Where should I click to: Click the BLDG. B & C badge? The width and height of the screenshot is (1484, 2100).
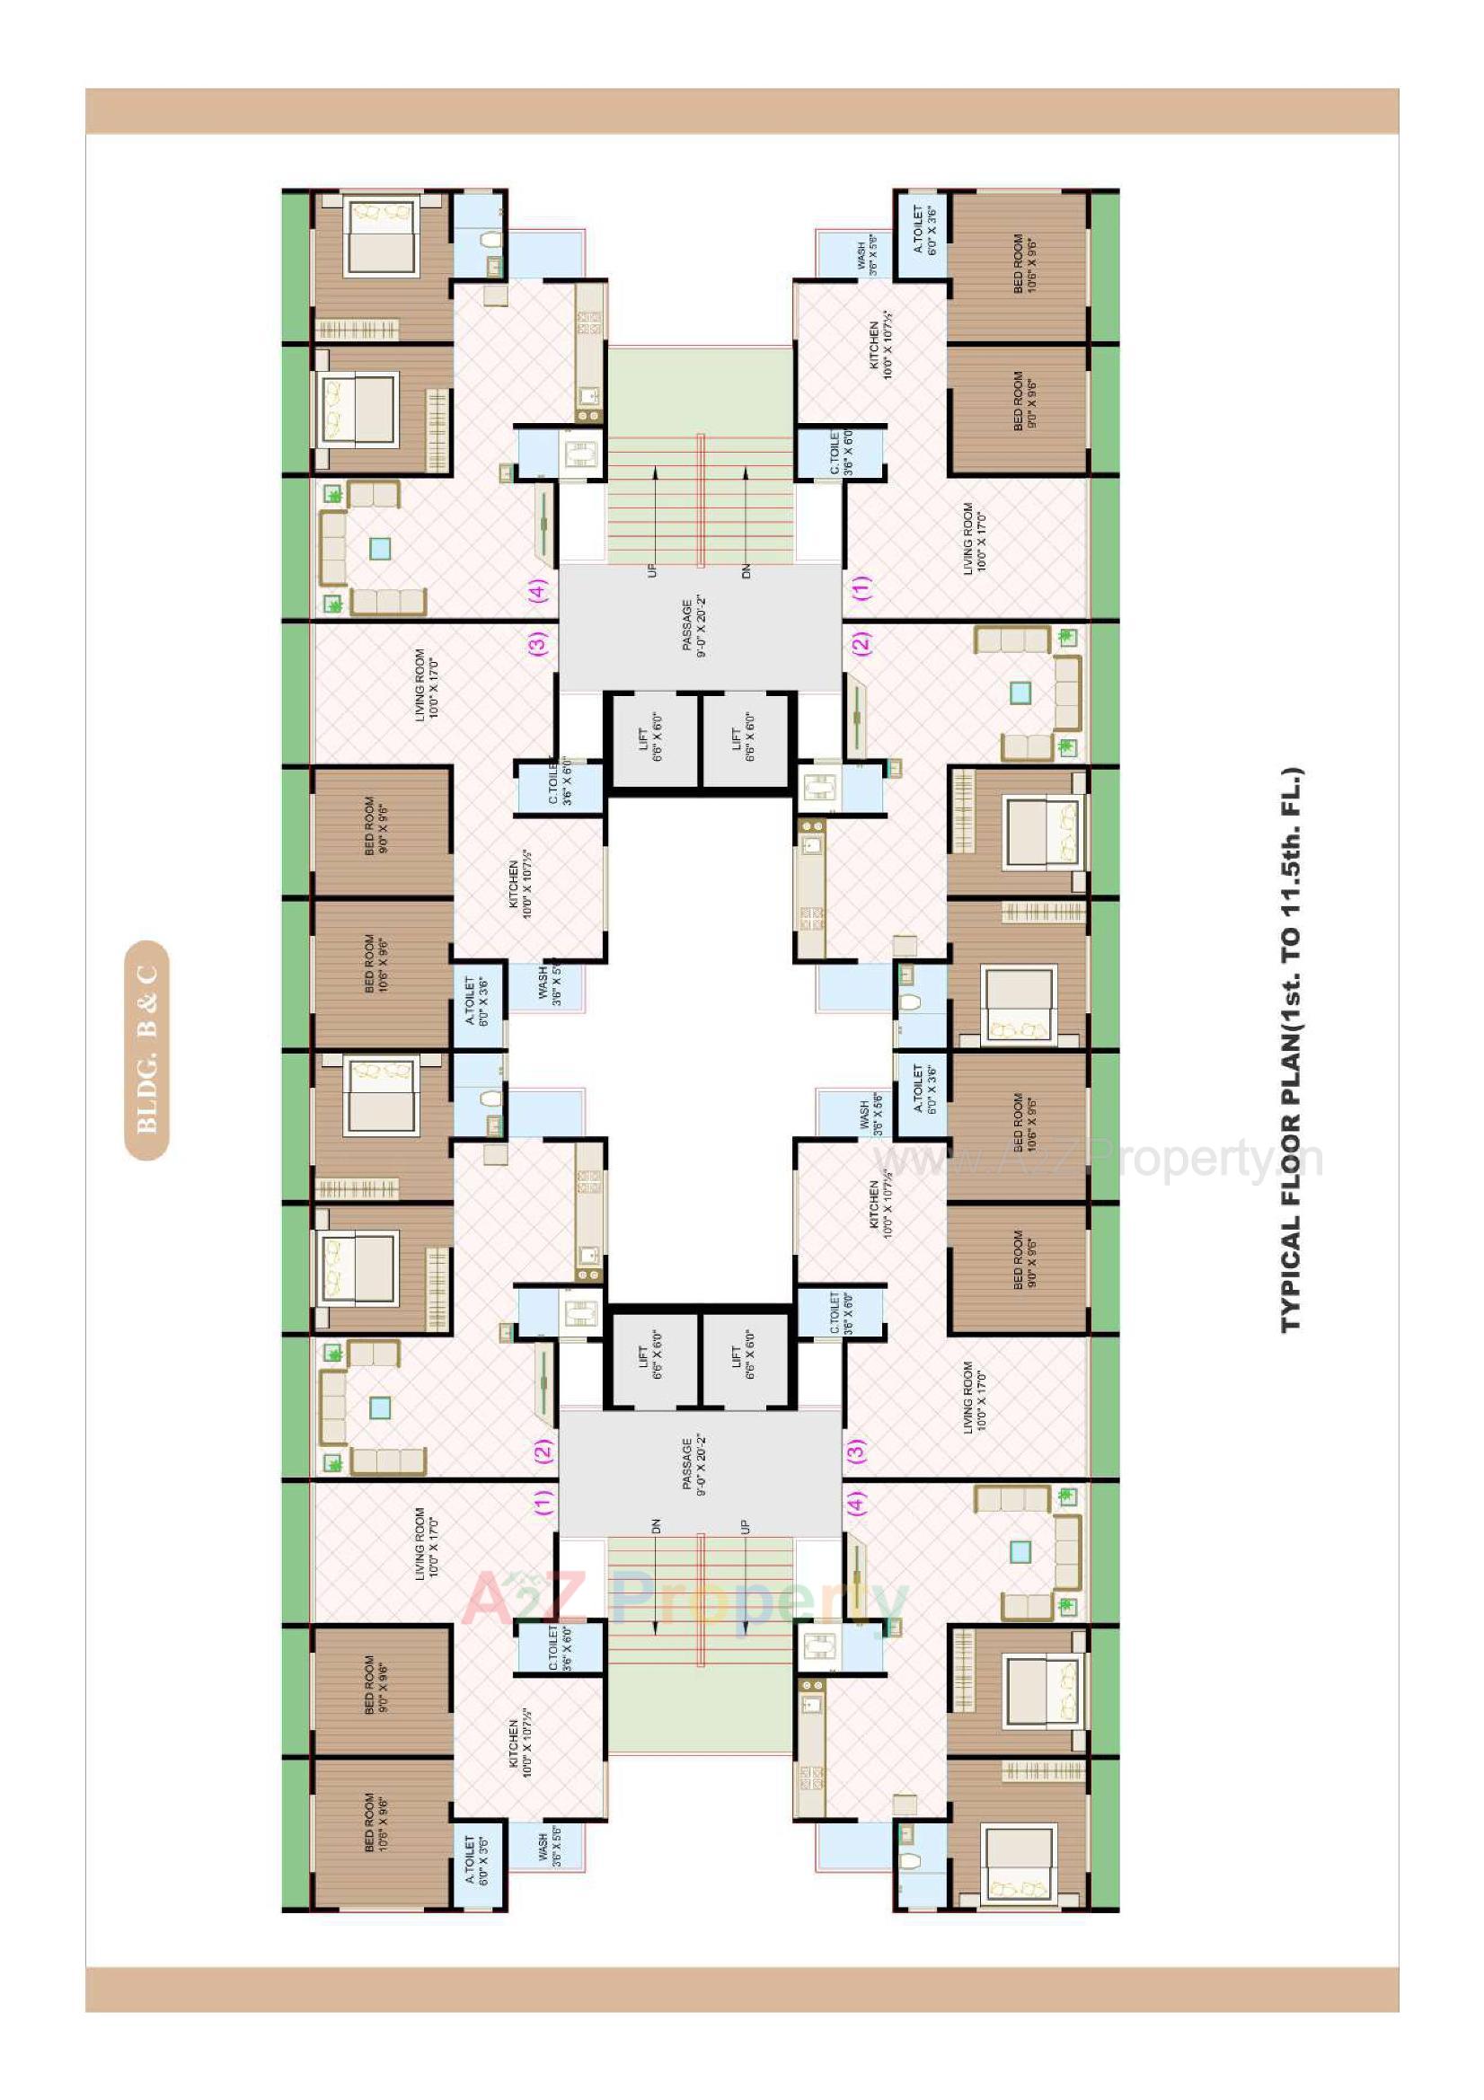pyautogui.click(x=146, y=1050)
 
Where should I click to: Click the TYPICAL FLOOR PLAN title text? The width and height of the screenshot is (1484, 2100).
pyautogui.click(x=1291, y=1050)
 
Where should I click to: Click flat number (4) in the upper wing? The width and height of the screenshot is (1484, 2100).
pyautogui.click(x=537, y=589)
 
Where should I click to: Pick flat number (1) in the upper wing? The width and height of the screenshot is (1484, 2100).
pyautogui.click(x=861, y=587)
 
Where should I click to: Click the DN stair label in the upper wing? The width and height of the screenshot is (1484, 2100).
pyautogui.click(x=746, y=569)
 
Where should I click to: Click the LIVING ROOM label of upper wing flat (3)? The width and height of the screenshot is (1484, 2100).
pyautogui.click(x=428, y=685)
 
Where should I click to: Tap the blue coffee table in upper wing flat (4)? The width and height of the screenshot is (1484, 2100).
pyautogui.click(x=380, y=549)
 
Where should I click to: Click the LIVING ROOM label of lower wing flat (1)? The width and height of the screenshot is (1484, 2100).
pyautogui.click(x=428, y=1544)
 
